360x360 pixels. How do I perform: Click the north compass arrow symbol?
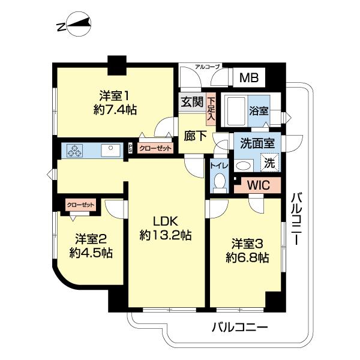point(74,25)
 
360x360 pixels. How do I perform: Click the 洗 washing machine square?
point(270,162)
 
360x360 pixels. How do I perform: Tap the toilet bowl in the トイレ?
point(218,182)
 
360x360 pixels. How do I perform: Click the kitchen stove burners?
point(74,151)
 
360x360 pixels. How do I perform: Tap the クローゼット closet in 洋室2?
point(80,205)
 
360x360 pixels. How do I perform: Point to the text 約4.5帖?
point(91,253)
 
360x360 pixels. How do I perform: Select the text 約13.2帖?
point(166,235)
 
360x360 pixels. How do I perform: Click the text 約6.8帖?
point(247,258)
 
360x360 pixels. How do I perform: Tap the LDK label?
point(166,220)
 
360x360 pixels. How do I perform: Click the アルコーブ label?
point(208,67)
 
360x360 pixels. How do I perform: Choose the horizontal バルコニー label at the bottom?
point(239,328)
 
